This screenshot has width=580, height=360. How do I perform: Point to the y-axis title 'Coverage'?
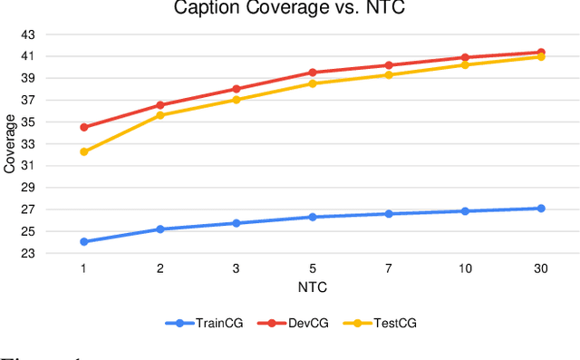pos(10,144)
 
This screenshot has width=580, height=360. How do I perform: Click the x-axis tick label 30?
pos(540,269)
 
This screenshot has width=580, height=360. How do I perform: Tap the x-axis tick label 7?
pos(389,269)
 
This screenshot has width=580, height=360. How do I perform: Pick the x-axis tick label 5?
pos(313,269)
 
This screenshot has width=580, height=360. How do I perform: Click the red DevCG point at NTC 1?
pos(84,127)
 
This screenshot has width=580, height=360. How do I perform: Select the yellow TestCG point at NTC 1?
pos(84,151)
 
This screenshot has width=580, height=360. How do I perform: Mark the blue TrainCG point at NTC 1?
pos(84,242)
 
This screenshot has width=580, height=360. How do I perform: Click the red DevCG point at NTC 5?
pos(313,73)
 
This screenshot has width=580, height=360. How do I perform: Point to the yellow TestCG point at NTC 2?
pos(160,115)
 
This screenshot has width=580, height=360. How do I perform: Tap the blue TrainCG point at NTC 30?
pos(541,209)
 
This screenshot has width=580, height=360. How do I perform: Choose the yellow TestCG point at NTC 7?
pos(389,74)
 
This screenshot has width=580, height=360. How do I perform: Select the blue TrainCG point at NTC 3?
pos(237,223)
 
